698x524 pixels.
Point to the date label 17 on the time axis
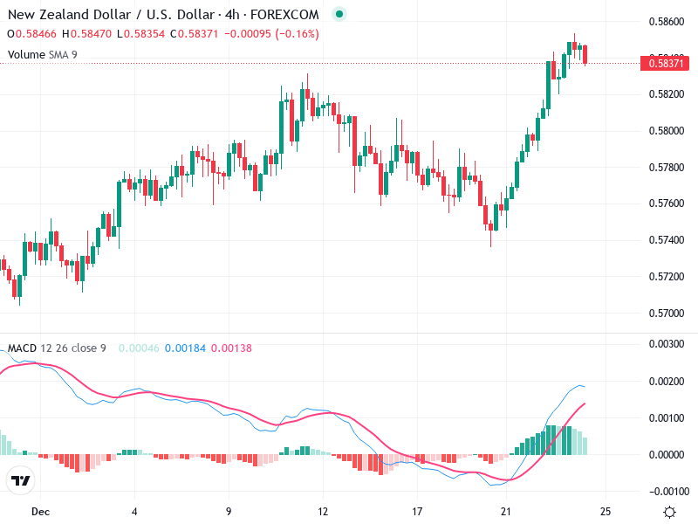pos(417,512)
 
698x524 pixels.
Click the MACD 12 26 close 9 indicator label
pos(57,348)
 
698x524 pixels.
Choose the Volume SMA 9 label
pos(43,54)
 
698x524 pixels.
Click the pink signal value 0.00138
pos(231,348)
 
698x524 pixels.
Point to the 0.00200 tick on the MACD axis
pos(669,382)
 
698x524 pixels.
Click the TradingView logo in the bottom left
pos(21,481)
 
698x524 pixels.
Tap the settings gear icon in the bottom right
pos(670,513)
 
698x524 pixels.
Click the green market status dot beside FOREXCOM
pos(339,15)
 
